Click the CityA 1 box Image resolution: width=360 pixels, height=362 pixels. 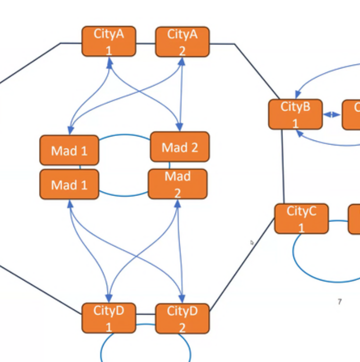point(108,41)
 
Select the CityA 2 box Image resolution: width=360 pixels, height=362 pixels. point(182,42)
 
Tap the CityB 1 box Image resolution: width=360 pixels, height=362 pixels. point(295,114)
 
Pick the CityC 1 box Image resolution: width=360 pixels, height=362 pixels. point(301,218)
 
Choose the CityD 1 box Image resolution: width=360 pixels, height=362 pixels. point(108,318)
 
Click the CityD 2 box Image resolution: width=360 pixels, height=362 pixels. point(182,318)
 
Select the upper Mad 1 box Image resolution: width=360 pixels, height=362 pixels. point(69,150)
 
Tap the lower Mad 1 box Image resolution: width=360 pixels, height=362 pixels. point(69,184)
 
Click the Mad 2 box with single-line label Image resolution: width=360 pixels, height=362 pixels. point(180,147)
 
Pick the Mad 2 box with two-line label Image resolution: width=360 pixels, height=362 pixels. point(177,184)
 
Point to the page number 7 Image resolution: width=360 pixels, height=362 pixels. point(339,301)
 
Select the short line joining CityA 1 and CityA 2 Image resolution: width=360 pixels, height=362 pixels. point(145,43)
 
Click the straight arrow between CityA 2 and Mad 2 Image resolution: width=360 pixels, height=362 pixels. point(181,95)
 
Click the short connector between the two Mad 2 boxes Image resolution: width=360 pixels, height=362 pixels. point(169,165)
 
